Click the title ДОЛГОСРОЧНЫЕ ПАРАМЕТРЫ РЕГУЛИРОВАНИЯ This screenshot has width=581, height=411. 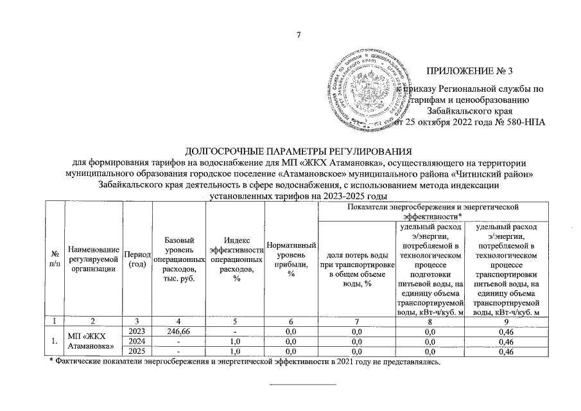tap(297, 152)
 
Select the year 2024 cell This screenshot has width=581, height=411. tap(137, 342)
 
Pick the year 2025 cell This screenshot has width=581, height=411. tap(137, 351)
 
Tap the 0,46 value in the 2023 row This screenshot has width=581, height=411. tap(505, 331)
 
